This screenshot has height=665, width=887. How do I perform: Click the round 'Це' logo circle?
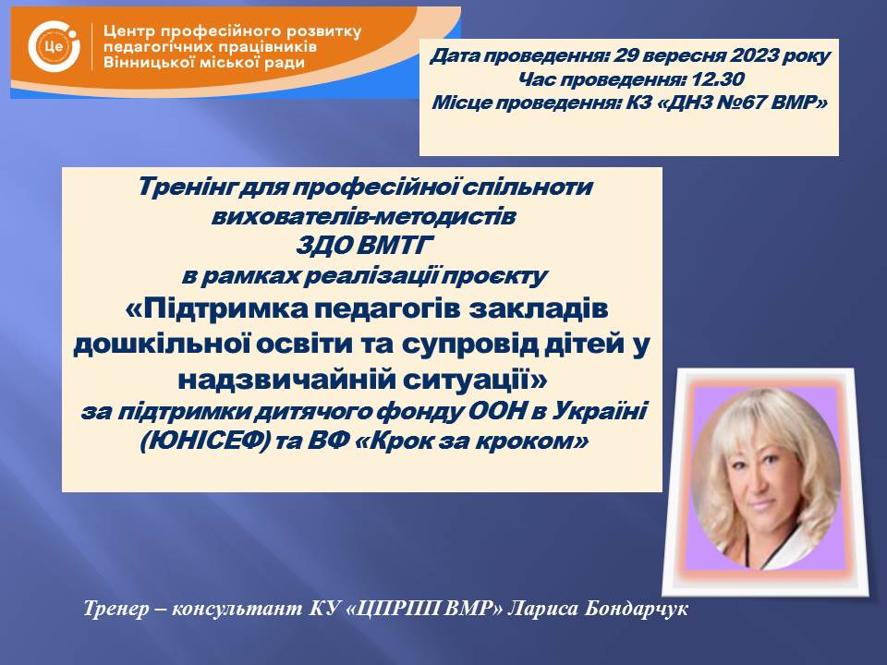tap(54, 46)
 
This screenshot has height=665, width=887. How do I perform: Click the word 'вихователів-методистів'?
tap(363, 216)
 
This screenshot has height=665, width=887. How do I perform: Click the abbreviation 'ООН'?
tap(498, 411)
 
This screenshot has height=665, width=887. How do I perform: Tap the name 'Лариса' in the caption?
tap(543, 610)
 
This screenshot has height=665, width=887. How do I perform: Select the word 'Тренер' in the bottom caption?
tap(115, 609)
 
